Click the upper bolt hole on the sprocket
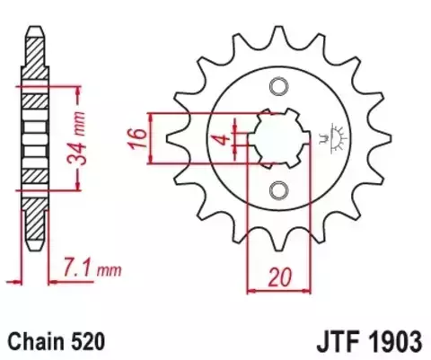[278, 86]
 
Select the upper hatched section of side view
[32, 67]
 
